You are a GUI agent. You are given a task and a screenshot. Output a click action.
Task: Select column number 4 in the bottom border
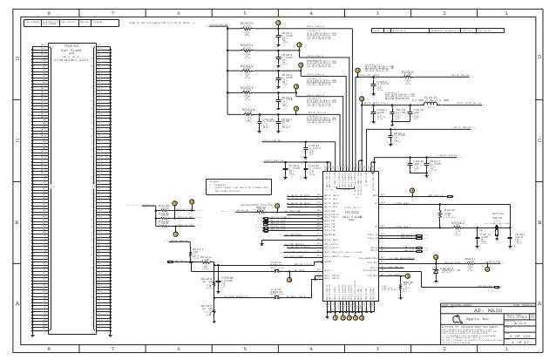coord(311,348)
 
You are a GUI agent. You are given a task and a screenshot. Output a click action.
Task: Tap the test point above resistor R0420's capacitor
coord(277,23)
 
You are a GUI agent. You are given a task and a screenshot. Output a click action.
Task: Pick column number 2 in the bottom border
coord(443,348)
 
